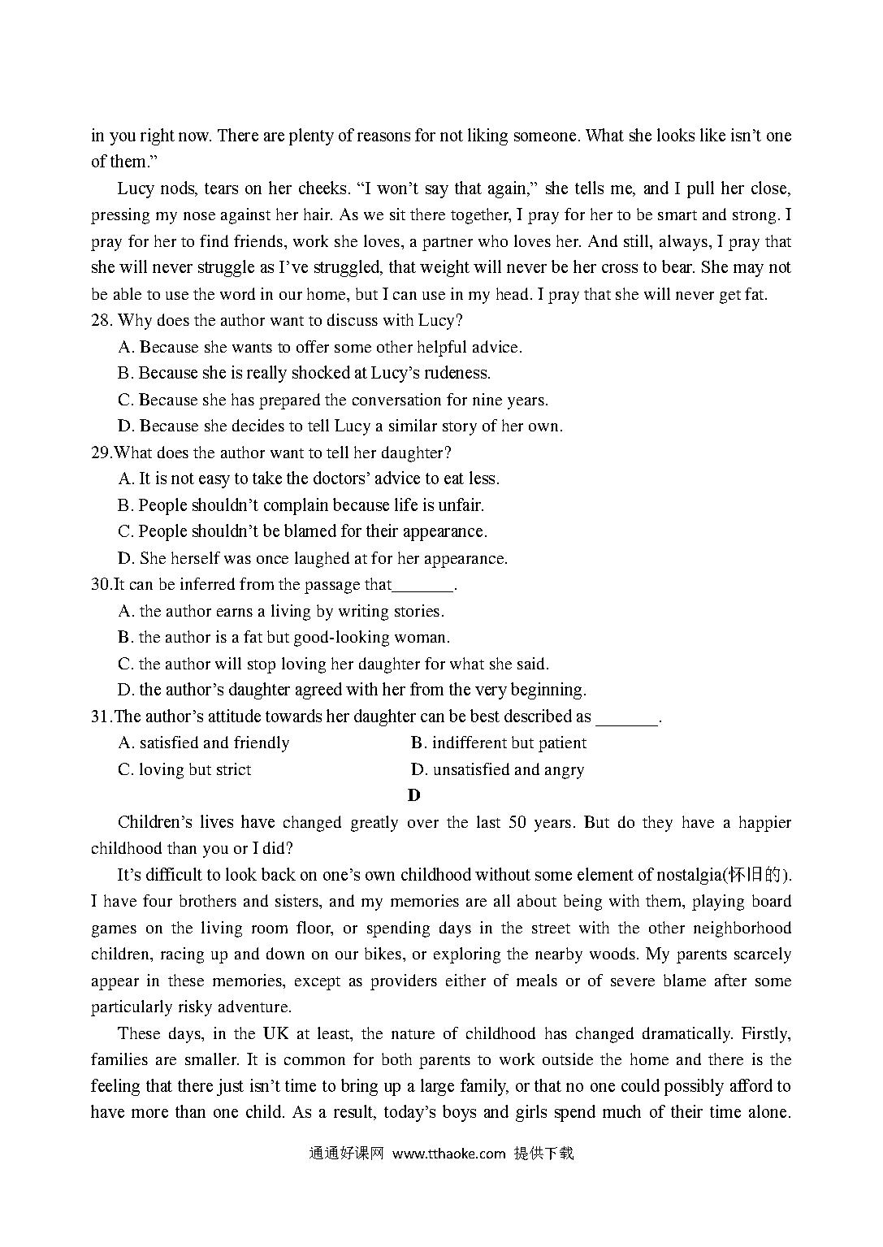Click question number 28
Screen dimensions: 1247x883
101,321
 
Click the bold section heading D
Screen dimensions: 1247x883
414,795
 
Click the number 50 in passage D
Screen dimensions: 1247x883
517,822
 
